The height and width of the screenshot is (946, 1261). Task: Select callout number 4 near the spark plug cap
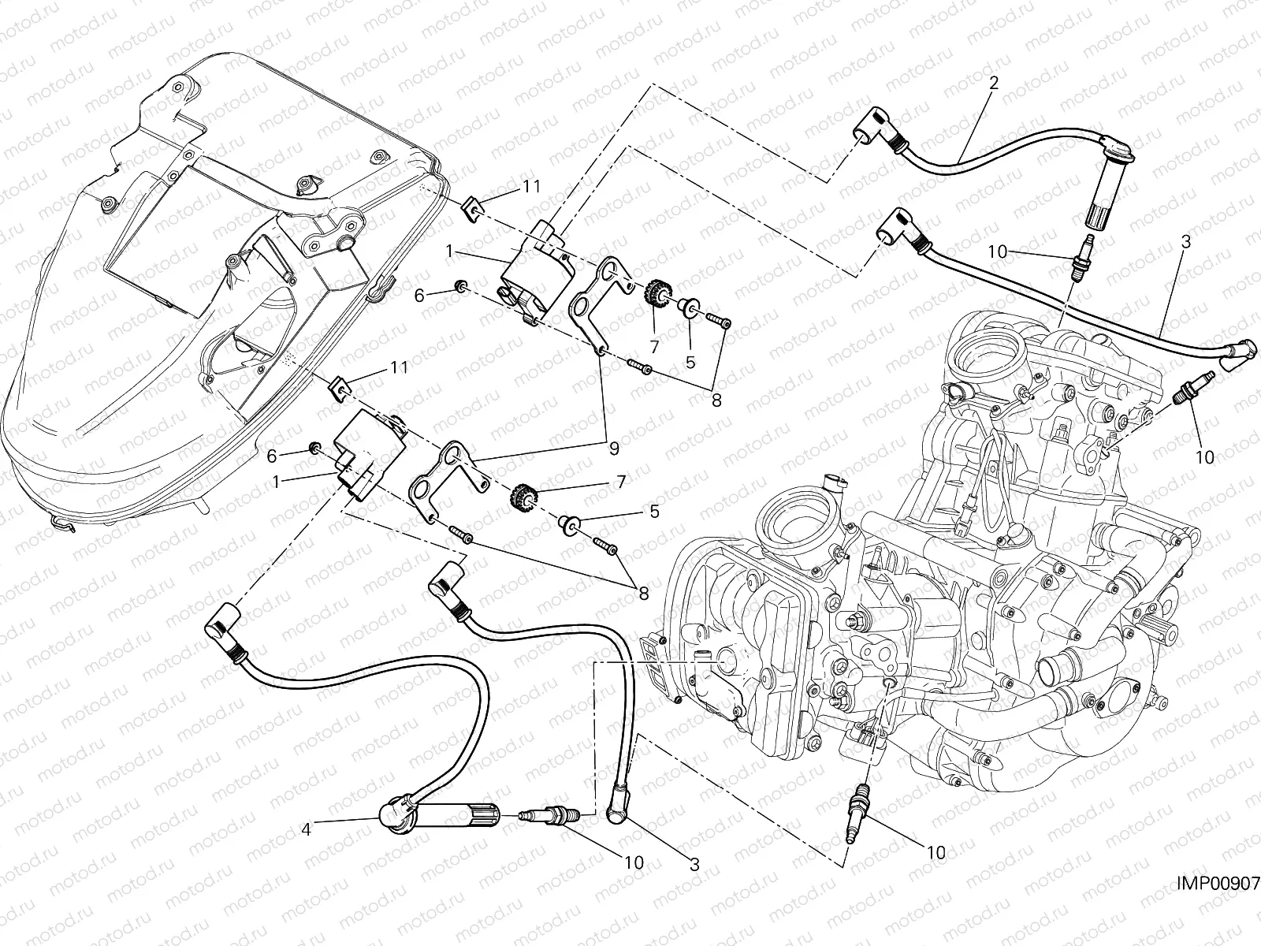point(307,828)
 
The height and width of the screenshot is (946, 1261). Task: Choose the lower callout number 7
point(621,480)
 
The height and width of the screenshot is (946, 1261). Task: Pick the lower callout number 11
point(400,367)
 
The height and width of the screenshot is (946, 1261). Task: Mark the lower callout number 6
point(272,456)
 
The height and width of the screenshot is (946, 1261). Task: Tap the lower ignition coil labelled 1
point(369,457)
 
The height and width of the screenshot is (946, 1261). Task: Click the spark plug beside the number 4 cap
point(551,814)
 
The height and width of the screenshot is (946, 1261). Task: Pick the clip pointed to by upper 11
point(470,209)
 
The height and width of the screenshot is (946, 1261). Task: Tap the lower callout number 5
point(653,511)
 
